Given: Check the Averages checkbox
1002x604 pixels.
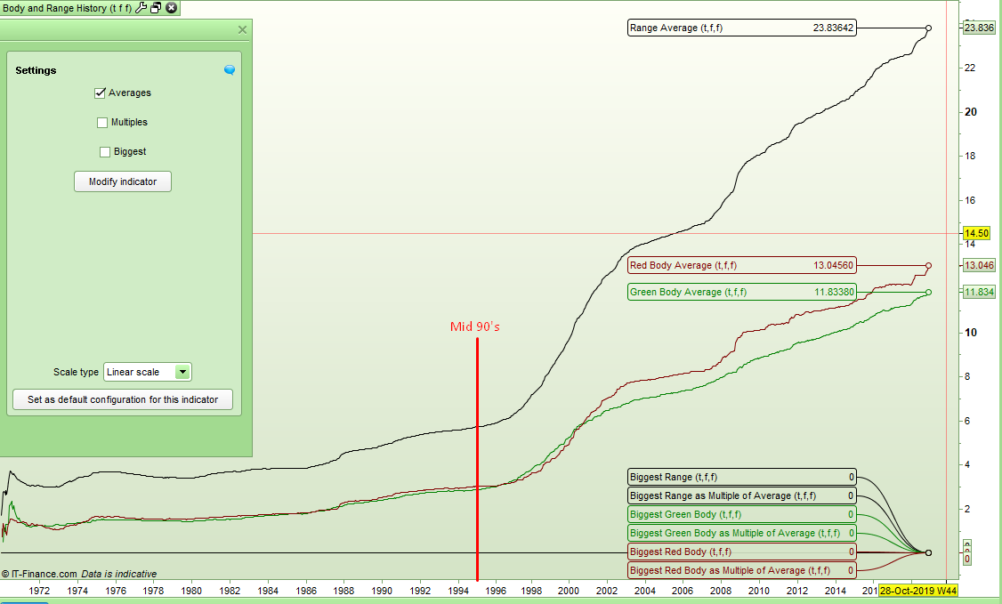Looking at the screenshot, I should (x=101, y=93).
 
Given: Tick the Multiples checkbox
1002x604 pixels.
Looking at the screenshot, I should (x=102, y=123).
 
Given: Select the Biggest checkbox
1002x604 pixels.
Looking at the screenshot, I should (x=105, y=152).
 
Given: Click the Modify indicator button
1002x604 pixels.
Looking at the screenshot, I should (x=122, y=181).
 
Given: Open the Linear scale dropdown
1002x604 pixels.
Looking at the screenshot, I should (x=182, y=373).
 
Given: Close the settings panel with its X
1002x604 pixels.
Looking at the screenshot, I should (x=242, y=29).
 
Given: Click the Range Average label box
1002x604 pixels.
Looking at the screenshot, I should (x=741, y=28).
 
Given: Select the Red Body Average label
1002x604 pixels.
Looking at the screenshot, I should (x=741, y=265).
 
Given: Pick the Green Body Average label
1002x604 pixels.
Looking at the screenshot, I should (x=741, y=292).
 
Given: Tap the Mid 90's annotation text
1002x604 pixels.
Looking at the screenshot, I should (x=475, y=326).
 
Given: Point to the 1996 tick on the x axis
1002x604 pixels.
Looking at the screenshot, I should (x=495, y=591).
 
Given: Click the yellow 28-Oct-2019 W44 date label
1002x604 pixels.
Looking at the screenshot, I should (x=917, y=591).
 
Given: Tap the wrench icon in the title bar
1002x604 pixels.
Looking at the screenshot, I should (x=141, y=8).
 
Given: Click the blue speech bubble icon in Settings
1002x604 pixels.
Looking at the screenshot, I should (x=230, y=70).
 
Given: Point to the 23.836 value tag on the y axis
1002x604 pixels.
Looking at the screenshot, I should (x=979, y=28).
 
